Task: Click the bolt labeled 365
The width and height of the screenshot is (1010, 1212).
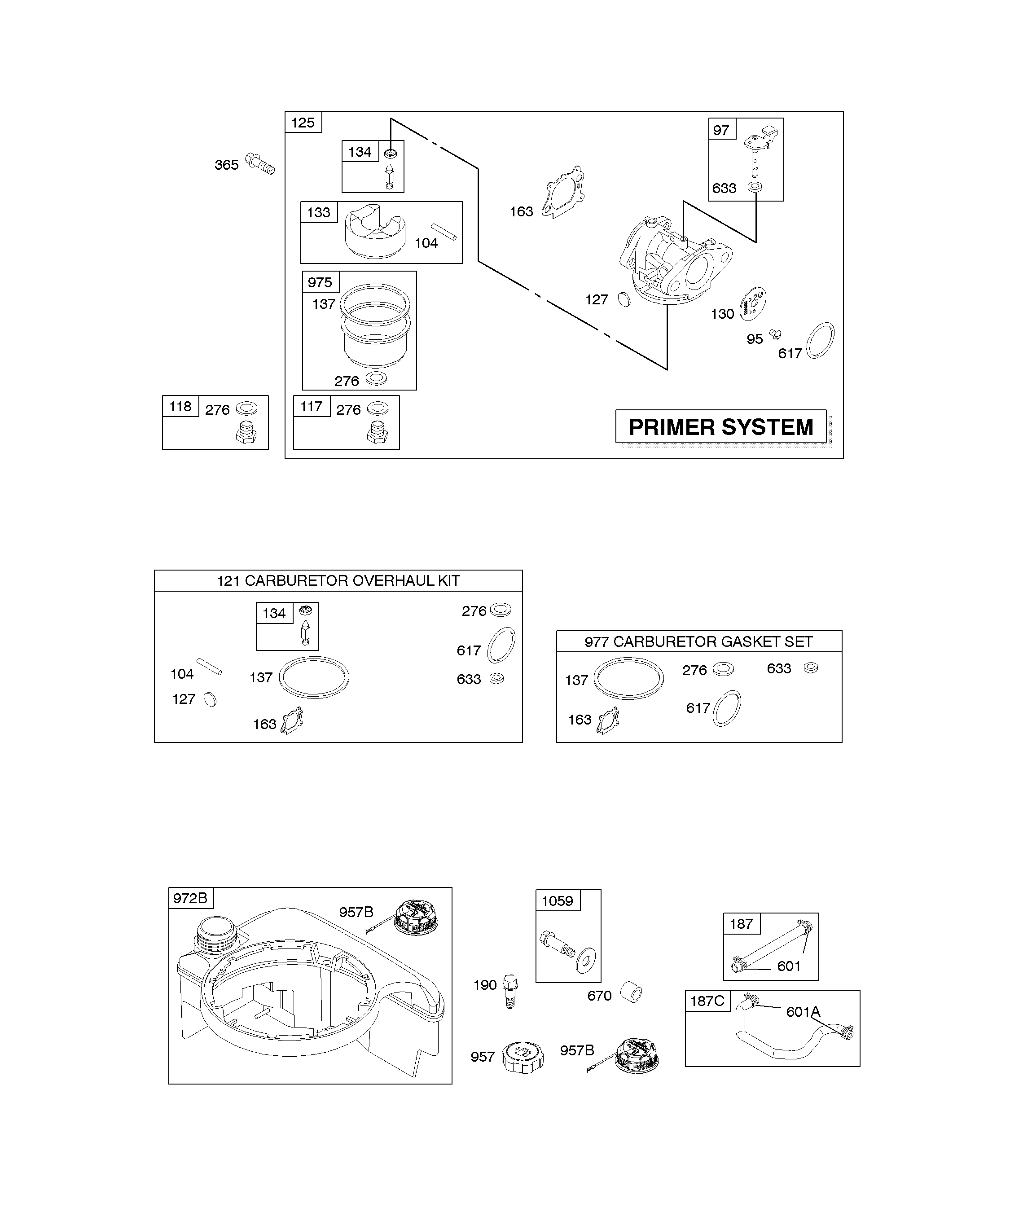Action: pyautogui.click(x=260, y=163)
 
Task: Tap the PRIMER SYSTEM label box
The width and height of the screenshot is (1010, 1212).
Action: pyautogui.click(x=721, y=426)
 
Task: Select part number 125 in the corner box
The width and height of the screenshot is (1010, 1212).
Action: pyautogui.click(x=303, y=123)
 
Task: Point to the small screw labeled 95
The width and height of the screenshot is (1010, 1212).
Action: pyautogui.click(x=776, y=334)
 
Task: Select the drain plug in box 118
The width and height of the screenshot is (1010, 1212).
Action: pyautogui.click(x=246, y=432)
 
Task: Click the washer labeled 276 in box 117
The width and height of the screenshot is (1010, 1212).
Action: pyautogui.click(x=378, y=408)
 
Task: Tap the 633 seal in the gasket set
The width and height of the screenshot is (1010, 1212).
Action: pyautogui.click(x=811, y=668)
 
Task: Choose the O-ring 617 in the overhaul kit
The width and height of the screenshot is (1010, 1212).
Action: pyautogui.click(x=501, y=645)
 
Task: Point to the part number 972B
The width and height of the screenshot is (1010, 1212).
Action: pyautogui.click(x=190, y=898)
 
